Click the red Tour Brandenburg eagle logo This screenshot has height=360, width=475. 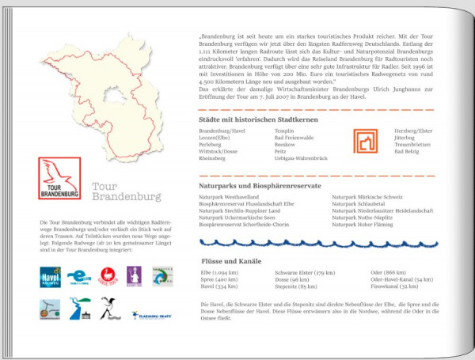[x=59, y=179]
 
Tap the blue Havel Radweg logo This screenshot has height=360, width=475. [x=50, y=275]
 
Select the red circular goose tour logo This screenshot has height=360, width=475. [x=107, y=275]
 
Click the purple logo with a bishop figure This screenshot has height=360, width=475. [x=134, y=275]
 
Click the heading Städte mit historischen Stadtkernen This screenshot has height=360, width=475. [x=258, y=119]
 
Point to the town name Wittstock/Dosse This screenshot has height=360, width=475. [x=218, y=150]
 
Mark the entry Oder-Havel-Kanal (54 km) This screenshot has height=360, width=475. [x=401, y=279]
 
